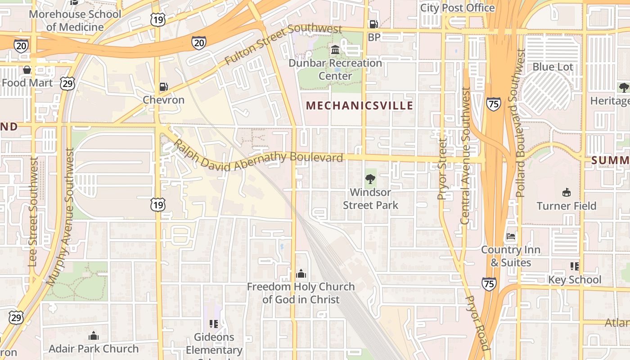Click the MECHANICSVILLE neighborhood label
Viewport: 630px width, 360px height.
[359, 106]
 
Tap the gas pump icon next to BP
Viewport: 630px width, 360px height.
[373, 24]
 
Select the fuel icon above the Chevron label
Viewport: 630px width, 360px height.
[164, 87]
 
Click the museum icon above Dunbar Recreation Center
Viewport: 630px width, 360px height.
[335, 50]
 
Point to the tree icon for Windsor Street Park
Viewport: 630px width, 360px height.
[370, 180]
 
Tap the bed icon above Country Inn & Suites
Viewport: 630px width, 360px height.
[511, 236]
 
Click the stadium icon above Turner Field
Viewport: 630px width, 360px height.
[566, 193]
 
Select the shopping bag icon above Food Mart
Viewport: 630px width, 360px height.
[27, 70]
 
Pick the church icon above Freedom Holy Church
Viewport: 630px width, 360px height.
[301, 274]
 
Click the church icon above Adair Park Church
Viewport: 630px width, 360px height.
[94, 336]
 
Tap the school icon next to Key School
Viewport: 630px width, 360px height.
[575, 266]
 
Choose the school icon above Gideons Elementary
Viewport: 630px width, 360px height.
[214, 324]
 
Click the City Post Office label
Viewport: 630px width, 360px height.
[457, 8]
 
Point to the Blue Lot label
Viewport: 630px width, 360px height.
[553, 67]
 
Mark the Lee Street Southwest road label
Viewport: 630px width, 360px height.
[32, 211]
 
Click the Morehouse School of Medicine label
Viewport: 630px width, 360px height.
[75, 21]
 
